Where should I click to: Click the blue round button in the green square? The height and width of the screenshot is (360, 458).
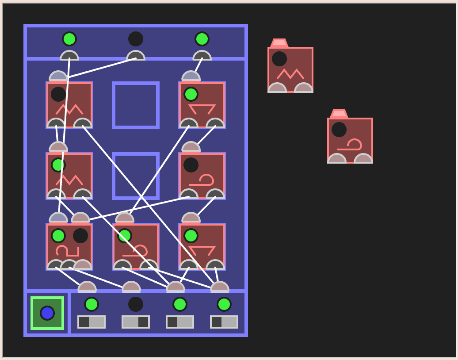[47, 313]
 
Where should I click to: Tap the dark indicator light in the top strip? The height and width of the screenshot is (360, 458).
[136, 39]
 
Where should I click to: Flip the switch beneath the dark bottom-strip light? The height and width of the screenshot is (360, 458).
[136, 322]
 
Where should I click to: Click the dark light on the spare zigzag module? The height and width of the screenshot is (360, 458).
[279, 59]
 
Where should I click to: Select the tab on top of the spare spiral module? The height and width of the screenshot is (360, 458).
[339, 114]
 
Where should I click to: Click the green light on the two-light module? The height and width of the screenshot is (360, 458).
[58, 236]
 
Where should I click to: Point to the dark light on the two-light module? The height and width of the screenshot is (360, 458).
[80, 236]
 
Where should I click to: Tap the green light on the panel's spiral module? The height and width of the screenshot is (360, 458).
[125, 236]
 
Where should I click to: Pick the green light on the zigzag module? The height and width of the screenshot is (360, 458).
[58, 165]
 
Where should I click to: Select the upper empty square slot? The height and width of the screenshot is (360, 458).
[136, 105]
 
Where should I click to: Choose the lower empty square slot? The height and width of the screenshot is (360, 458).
[136, 176]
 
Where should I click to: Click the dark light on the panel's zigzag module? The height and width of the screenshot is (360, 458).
[58, 94]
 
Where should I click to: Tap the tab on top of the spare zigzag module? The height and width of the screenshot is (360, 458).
[279, 43]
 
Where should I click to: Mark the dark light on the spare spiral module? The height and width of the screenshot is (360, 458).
[339, 130]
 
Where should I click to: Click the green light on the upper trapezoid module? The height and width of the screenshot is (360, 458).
[191, 94]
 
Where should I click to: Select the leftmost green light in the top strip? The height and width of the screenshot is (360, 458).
[69, 39]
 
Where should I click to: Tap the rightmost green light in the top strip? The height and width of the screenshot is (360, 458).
[202, 39]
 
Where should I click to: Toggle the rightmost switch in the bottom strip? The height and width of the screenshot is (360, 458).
[224, 322]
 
